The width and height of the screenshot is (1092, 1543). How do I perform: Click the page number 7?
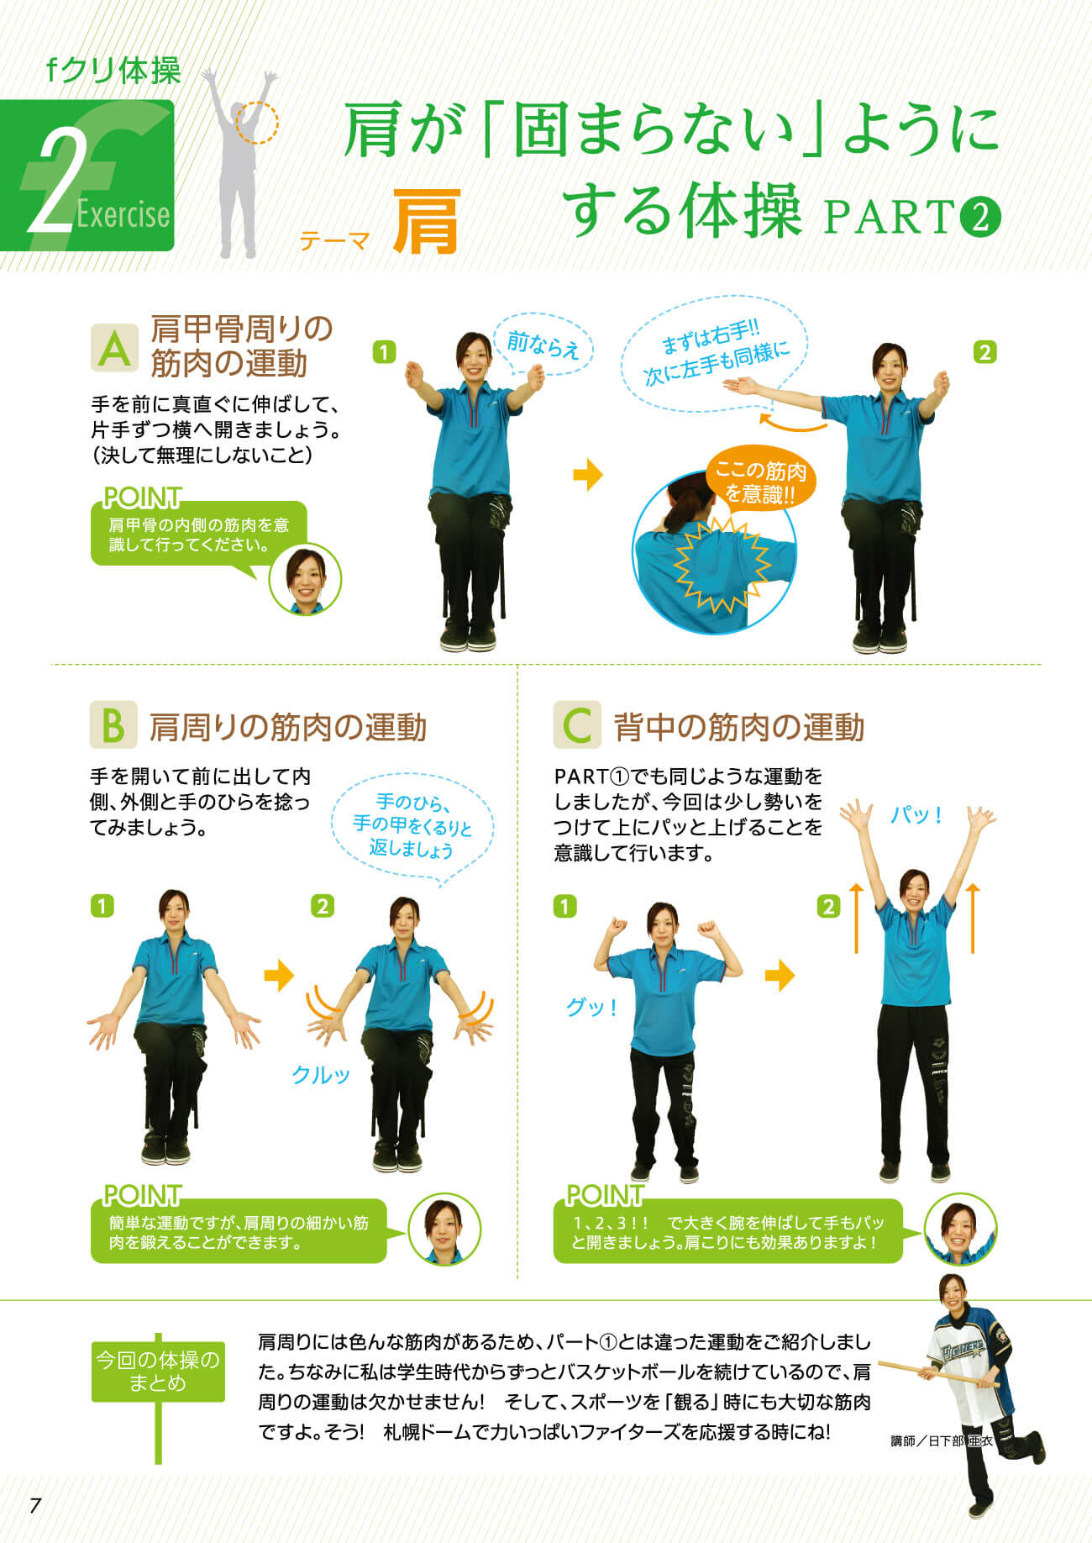pyautogui.click(x=34, y=1504)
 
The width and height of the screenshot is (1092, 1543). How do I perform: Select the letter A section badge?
pyautogui.click(x=113, y=347)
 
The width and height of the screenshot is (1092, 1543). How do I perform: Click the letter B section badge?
pyautogui.click(x=113, y=725)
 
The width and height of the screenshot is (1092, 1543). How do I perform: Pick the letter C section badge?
pyautogui.click(x=577, y=725)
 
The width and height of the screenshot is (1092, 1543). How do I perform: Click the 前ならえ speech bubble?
pyautogui.click(x=543, y=345)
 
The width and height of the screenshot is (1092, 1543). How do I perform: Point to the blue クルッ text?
pyautogui.click(x=320, y=1074)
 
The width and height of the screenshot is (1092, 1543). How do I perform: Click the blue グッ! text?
pyautogui.click(x=591, y=1006)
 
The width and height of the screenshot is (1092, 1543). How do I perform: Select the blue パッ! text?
pyautogui.click(x=916, y=815)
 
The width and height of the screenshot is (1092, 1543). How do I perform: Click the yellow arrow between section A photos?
pyautogui.click(x=588, y=475)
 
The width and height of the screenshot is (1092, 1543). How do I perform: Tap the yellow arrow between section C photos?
pyautogui.click(x=780, y=976)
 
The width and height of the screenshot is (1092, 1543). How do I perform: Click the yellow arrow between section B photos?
pyautogui.click(x=280, y=976)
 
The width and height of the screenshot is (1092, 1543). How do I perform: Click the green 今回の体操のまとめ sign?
pyautogui.click(x=158, y=1371)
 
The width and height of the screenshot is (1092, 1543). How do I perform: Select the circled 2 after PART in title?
pyautogui.click(x=979, y=218)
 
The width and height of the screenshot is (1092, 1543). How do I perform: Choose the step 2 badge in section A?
pyautogui.click(x=984, y=351)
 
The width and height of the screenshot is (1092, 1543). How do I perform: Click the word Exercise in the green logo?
pyautogui.click(x=123, y=215)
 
